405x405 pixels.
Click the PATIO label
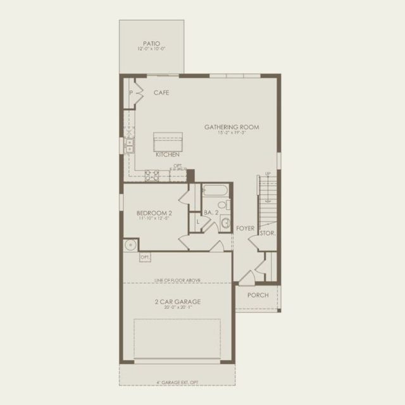click(x=151, y=44)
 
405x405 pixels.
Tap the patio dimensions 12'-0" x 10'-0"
click(x=151, y=49)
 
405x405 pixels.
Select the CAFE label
click(x=161, y=93)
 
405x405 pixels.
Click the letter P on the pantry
click(x=131, y=93)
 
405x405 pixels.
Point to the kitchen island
click(x=168, y=140)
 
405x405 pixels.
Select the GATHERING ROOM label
click(x=232, y=127)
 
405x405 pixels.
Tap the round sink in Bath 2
click(x=225, y=221)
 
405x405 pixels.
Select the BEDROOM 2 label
click(x=154, y=213)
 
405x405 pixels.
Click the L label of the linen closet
click(x=197, y=221)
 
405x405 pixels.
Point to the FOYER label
click(x=245, y=228)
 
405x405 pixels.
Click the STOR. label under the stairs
click(x=267, y=234)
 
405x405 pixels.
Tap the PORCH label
click(x=258, y=295)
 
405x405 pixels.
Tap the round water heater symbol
click(x=132, y=246)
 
